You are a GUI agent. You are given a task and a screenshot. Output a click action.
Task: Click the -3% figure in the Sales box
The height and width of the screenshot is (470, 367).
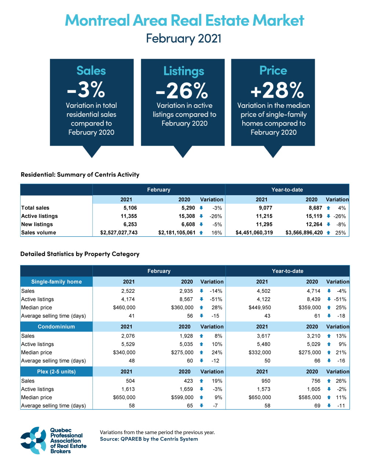pyautogui.click(x=87, y=89)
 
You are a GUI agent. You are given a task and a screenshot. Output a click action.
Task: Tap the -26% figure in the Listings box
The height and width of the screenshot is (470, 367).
pyautogui.click(x=182, y=91)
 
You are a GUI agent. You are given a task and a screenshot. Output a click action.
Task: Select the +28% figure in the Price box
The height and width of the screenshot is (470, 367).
pyautogui.click(x=277, y=90)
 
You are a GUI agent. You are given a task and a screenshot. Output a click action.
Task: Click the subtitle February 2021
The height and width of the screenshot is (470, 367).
pyautogui.click(x=183, y=39)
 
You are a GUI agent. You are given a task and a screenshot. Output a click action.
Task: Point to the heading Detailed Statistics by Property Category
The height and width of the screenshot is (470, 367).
pyautogui.click(x=80, y=254)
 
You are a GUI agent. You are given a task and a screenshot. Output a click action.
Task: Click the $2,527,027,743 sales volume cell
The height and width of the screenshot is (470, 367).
pyautogui.click(x=119, y=233)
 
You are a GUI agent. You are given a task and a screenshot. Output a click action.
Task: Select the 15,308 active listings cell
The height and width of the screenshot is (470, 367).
pyautogui.click(x=187, y=216)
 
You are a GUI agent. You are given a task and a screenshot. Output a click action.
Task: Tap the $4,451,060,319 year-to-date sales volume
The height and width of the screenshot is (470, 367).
pyautogui.click(x=254, y=233)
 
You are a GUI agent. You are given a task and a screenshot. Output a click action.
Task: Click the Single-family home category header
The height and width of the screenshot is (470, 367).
pyautogui.click(x=57, y=282)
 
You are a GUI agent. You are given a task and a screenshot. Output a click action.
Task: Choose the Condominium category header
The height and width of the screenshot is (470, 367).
pyautogui.click(x=57, y=327)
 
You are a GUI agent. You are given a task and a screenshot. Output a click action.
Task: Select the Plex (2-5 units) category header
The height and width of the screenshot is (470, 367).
pyautogui.click(x=57, y=372)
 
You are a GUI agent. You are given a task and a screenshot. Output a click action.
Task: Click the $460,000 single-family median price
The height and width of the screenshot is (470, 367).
pyautogui.click(x=124, y=307)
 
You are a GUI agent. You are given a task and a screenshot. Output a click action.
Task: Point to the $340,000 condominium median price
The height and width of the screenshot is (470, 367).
pyautogui.click(x=124, y=353)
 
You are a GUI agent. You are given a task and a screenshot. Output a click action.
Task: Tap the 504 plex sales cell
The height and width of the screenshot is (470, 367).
pyautogui.click(x=130, y=381)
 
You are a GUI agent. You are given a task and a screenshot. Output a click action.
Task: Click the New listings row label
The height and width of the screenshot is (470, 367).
pyautogui.click(x=37, y=224)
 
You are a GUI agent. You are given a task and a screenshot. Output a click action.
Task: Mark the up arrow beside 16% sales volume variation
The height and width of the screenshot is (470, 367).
pyautogui.click(x=201, y=233)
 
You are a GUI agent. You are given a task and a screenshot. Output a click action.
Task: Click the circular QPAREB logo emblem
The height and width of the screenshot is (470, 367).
pyautogui.click(x=33, y=440)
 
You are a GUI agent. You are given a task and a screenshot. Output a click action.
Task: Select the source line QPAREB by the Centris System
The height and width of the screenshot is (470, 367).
pyautogui.click(x=149, y=439)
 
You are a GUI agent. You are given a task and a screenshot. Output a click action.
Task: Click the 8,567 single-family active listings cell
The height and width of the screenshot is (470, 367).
pyautogui.click(x=186, y=299)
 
